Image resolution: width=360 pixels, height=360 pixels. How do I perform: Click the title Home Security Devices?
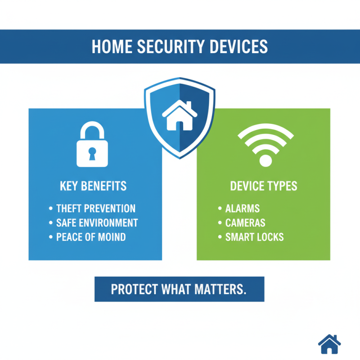coord(180,47)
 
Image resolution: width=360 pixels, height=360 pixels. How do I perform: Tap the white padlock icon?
coord(93,144)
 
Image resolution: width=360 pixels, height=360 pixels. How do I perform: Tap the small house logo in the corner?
coord(329,344)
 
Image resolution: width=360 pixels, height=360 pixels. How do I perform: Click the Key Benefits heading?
coord(93,186)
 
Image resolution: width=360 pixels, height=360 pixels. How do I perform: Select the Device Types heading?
coord(263,186)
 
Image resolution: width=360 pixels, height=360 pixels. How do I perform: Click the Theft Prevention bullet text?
coord(96,209)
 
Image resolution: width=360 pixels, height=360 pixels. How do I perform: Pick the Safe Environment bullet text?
coord(97,223)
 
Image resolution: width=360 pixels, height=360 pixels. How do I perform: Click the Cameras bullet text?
coord(245,223)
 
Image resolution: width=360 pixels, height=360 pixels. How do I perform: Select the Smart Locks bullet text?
coord(254,237)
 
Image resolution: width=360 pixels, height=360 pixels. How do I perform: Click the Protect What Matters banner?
coord(179,289)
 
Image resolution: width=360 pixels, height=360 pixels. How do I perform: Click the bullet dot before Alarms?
coord(220,209)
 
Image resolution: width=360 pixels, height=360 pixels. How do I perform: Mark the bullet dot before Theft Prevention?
coord(50,209)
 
